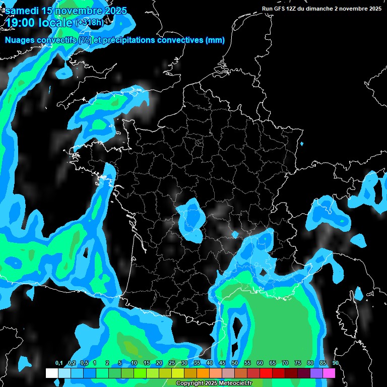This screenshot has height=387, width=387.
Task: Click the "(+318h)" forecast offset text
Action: pos(91,23)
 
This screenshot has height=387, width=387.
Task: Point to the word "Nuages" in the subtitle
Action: pos(19,40)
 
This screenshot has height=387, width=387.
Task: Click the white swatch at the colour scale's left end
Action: pos(52,373)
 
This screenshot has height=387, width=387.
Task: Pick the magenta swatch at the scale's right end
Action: pos(329,373)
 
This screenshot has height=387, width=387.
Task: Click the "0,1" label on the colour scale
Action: pos(59,363)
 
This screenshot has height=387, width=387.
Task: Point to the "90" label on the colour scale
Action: pos(335,363)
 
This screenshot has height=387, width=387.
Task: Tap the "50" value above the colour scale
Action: pos(235,363)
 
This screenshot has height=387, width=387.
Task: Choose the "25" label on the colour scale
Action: pos(172,363)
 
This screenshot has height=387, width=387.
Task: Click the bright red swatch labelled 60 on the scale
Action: pos(266,373)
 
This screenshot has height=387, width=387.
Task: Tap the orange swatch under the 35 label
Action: pos(203,373)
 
